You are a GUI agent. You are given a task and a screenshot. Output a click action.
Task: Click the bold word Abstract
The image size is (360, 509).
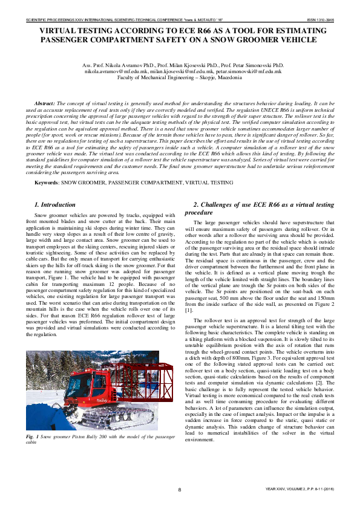pyautogui.click(x=45, y=105)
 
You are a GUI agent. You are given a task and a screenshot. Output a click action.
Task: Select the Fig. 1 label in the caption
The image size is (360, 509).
pyautogui.click(x=31, y=436)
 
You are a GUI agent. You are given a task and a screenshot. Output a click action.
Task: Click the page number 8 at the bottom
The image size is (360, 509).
pyautogui.click(x=180, y=488)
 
